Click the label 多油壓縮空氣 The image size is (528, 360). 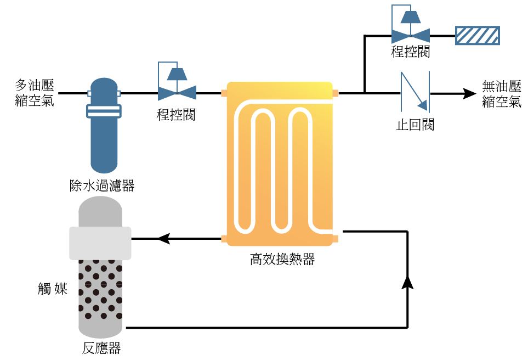pos(34,93)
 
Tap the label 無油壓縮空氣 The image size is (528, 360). pos(502,94)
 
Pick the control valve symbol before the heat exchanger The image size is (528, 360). pos(177,87)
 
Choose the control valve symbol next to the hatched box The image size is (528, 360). pos(410,30)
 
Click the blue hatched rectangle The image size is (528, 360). pos(477,35)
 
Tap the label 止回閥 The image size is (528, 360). pos(415,125)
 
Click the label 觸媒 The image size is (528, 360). pos(53,289)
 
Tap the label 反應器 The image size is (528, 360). pos(101,348)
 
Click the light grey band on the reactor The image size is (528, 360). pos(100,243)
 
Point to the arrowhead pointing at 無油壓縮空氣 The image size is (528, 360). pos(469,93)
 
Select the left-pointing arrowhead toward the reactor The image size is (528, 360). pos(163,239)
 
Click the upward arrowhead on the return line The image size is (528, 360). pos(408,282)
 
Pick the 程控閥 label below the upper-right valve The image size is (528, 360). pos(410,53)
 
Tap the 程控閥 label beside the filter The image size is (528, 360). pos(176,115)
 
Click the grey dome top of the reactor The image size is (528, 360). pos(100,211)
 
